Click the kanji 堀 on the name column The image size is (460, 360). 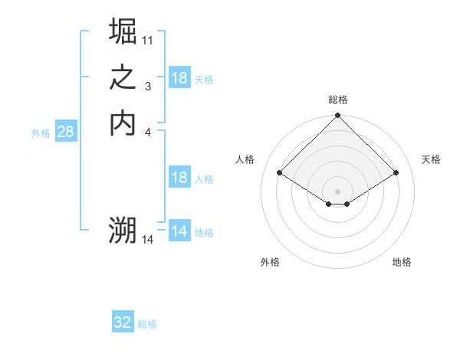pyautogui.click(x=123, y=32)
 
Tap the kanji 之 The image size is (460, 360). pyautogui.click(x=123, y=78)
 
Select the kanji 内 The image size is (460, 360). pyautogui.click(x=123, y=124)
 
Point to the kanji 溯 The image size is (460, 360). pyautogui.click(x=123, y=230)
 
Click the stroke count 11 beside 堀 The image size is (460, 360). pyautogui.click(x=148, y=39)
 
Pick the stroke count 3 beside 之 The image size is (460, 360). pyautogui.click(x=148, y=87)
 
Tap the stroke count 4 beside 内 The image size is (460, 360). pyautogui.click(x=148, y=133)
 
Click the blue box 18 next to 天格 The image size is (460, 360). pyautogui.click(x=179, y=78)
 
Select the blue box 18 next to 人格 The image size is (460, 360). pyautogui.click(x=179, y=178)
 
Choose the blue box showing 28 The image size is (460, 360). pyautogui.click(x=65, y=132)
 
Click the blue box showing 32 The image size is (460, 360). pyautogui.click(x=123, y=323)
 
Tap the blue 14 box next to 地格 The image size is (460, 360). pyautogui.click(x=179, y=232)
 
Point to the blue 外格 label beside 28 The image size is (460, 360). pyautogui.click(x=41, y=133)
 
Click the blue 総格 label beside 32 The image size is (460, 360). pyautogui.click(x=147, y=324)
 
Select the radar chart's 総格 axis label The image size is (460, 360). pyautogui.click(x=338, y=100)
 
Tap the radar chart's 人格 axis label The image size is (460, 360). pyautogui.click(x=245, y=159)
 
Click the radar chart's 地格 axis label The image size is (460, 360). pyautogui.click(x=402, y=263)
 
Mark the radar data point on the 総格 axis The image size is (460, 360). pyautogui.click(x=338, y=116)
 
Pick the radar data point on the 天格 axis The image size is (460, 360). pyautogui.click(x=396, y=173)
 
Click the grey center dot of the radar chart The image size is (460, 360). pyautogui.click(x=338, y=191)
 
